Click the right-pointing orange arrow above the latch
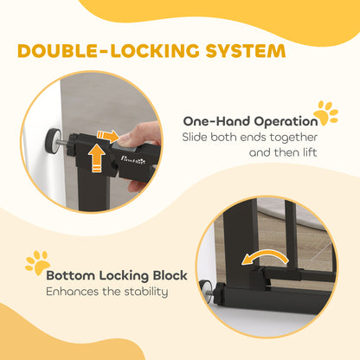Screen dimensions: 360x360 click(x=107, y=136)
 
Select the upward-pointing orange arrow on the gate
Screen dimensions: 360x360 click(x=97, y=158)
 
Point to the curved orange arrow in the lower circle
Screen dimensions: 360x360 click(x=264, y=255)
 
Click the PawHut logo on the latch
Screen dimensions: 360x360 click(x=133, y=159)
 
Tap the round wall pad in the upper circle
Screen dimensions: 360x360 click(x=54, y=139)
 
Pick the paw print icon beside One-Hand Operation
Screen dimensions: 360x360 click(x=326, y=112)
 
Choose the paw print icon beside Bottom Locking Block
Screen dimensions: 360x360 click(x=38, y=262)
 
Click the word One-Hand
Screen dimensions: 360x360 click(x=216, y=121)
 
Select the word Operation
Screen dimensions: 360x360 click(x=286, y=122)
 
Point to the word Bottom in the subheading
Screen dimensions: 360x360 click(x=71, y=275)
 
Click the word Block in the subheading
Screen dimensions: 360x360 click(x=170, y=275)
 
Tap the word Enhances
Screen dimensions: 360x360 click(x=73, y=292)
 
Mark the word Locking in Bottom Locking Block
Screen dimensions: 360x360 click(x=124, y=276)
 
